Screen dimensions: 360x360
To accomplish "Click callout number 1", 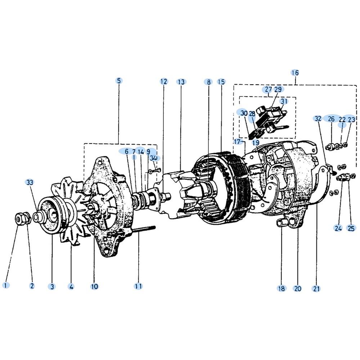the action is tap(6, 285).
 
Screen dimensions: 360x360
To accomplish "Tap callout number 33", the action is tap(30, 183).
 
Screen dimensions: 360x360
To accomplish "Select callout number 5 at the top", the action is tap(119, 81).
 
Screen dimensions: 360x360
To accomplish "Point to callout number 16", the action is tap(295, 73).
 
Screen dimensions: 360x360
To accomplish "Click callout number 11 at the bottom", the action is tap(138, 286).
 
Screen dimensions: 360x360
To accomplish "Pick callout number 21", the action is tap(316, 289).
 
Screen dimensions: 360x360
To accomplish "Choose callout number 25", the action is tap(351, 228).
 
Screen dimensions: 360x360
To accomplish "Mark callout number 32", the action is tap(318, 119).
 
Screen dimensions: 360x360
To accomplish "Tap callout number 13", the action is tap(181, 82).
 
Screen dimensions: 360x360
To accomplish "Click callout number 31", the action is tap(284, 101).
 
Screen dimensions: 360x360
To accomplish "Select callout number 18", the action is tap(282, 288).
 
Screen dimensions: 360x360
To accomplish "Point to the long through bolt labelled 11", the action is tap(144, 230).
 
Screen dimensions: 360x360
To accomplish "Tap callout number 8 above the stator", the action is tap(208, 82).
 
